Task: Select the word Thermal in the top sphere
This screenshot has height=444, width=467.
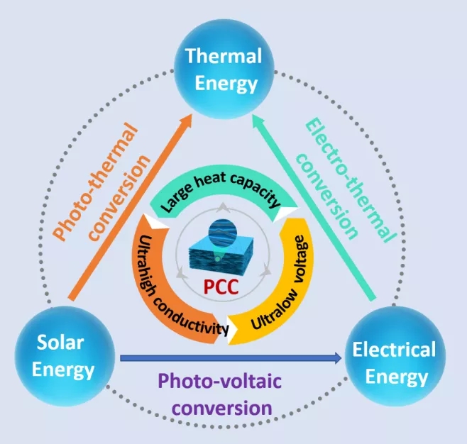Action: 223,55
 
